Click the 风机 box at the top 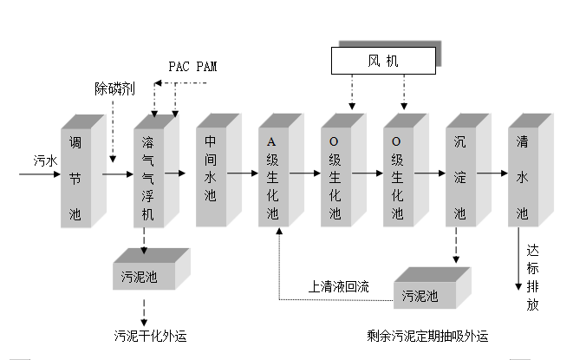tap(382, 60)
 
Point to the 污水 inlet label tap(45, 162)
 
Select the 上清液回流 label tap(339, 287)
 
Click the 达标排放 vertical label tap(533, 276)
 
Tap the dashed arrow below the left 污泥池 tap(144, 309)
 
